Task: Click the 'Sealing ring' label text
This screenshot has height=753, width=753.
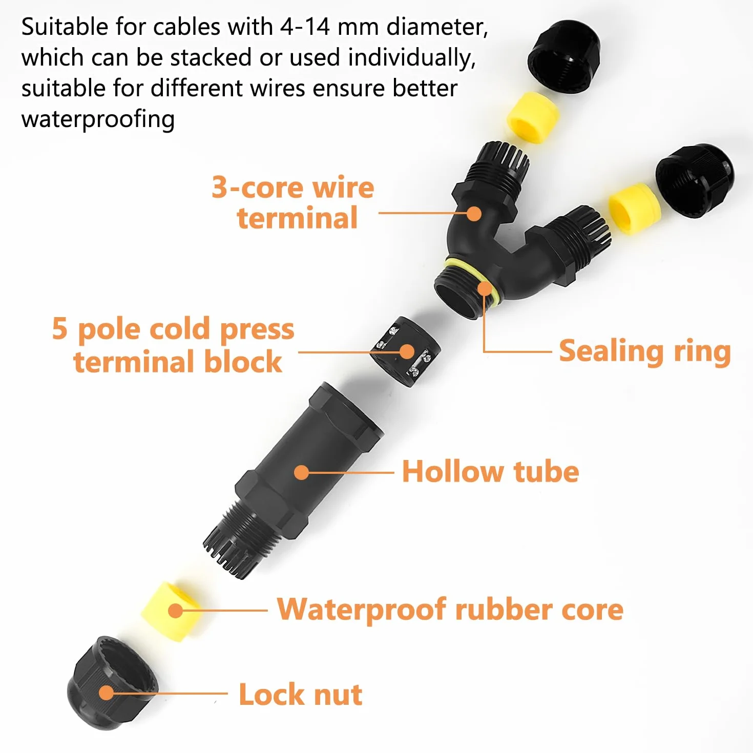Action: [645, 352]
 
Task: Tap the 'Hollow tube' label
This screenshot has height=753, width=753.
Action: [490, 472]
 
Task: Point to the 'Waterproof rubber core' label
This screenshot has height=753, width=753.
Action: [450, 609]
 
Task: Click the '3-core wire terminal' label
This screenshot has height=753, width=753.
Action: [293, 202]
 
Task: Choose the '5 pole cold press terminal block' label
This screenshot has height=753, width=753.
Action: [173, 345]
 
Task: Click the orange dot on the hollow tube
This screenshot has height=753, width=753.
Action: [301, 472]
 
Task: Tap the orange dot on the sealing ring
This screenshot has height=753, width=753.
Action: [485, 289]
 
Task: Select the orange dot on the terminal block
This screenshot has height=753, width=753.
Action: [407, 352]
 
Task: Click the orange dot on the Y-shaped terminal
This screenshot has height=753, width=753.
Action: [474, 214]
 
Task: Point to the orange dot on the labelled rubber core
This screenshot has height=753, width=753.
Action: [176, 611]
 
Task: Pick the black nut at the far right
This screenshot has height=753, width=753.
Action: [695, 180]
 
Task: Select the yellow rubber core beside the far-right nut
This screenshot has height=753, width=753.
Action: [635, 209]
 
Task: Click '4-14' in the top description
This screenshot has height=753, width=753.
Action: [305, 27]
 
